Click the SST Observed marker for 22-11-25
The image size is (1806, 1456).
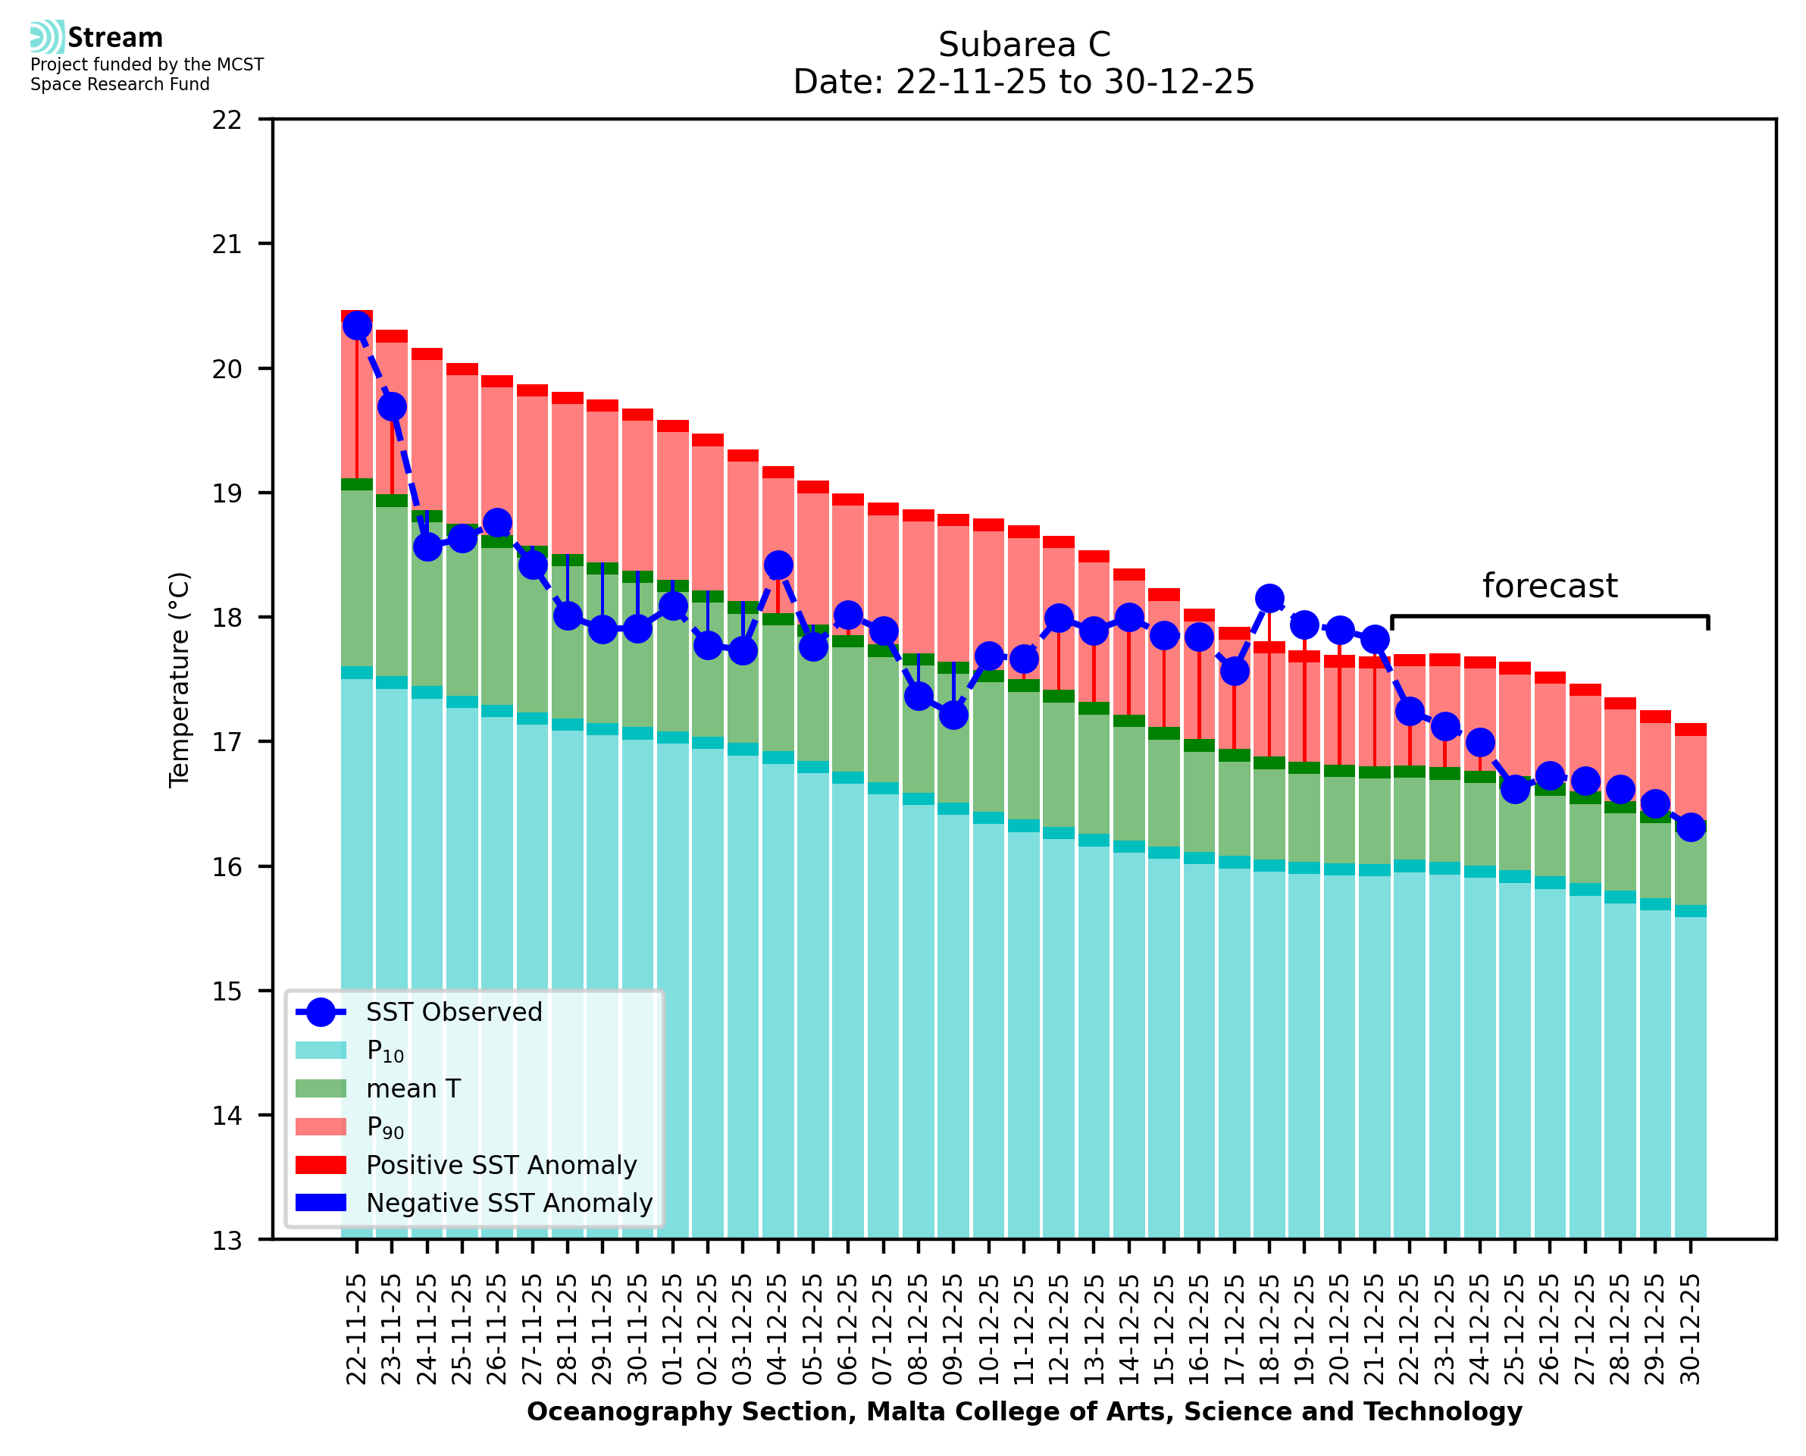pos(357,325)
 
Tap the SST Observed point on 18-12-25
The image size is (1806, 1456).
pos(1269,598)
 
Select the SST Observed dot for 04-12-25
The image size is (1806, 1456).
pos(778,565)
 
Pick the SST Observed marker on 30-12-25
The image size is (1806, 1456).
pos(1690,827)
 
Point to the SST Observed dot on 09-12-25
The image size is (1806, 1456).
pos(953,715)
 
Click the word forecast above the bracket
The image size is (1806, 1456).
pos(1549,585)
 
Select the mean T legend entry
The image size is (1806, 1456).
pos(412,1088)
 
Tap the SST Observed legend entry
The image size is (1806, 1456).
pos(454,1013)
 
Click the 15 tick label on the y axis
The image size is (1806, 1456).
pos(227,991)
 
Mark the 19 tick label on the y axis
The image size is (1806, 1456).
pos(227,493)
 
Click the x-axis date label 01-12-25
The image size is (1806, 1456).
pos(672,1329)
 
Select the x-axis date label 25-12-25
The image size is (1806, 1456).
pos(1515,1329)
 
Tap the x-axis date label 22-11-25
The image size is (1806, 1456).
pos(357,1329)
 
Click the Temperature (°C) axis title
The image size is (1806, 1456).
pos(180,679)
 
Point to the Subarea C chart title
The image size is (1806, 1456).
pos(1024,45)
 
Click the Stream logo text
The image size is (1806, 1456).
pos(115,38)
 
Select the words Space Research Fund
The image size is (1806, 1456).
pos(120,84)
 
